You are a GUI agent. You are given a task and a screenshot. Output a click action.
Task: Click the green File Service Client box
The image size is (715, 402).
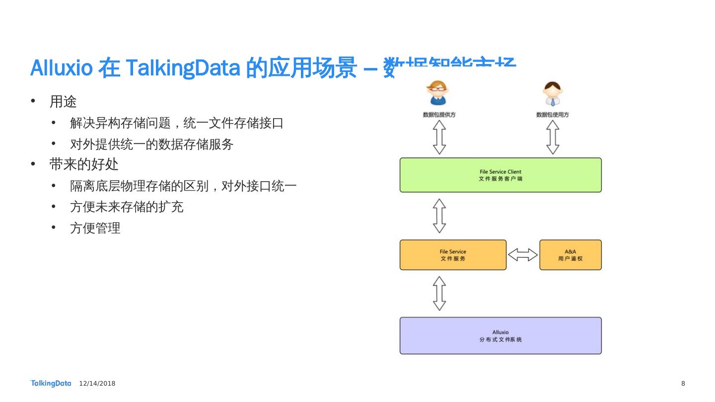(x=500, y=175)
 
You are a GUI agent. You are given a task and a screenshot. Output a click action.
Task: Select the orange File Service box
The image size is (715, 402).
(x=453, y=255)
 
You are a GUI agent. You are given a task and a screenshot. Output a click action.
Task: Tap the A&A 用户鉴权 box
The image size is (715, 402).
(x=570, y=255)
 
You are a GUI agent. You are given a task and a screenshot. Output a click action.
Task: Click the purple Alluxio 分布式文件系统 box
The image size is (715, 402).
(x=500, y=335)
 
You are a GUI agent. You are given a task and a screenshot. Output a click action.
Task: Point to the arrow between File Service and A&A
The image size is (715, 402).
(x=523, y=255)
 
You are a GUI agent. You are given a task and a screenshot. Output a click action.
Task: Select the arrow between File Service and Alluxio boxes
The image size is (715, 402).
(x=439, y=293)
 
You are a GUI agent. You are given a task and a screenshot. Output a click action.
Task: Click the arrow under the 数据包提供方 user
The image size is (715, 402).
(x=439, y=137)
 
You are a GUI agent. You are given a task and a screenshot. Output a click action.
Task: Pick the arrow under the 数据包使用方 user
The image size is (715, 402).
(x=553, y=137)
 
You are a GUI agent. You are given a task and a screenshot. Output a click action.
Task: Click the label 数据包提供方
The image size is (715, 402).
(x=439, y=115)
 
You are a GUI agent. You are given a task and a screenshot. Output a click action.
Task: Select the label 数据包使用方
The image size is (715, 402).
(x=552, y=115)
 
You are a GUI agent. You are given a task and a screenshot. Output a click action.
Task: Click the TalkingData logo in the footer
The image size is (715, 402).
(x=51, y=383)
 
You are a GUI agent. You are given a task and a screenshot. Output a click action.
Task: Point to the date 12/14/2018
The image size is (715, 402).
(x=97, y=384)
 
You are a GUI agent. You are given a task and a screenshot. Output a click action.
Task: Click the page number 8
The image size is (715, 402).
(x=683, y=384)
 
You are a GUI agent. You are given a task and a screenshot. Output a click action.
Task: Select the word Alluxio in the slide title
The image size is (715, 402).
(x=62, y=68)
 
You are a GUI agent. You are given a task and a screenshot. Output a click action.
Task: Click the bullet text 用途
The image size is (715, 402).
(x=63, y=102)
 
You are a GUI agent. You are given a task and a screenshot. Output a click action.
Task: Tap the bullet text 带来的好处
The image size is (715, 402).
(x=84, y=164)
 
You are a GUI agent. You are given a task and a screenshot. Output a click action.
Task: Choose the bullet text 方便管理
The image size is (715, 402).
(x=95, y=228)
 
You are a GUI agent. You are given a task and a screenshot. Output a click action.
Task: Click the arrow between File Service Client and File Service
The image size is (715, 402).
(x=439, y=216)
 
